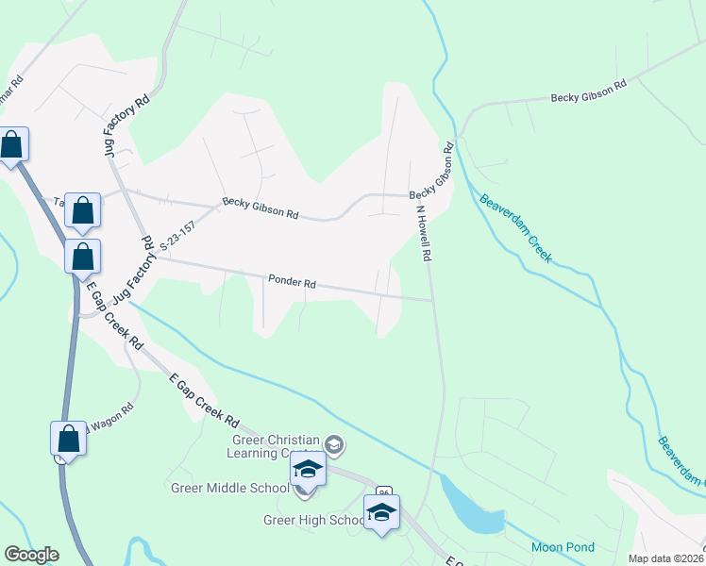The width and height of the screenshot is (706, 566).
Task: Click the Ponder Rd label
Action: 292,281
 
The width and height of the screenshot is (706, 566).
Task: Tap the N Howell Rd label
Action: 424,236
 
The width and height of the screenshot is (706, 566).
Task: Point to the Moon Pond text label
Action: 563,547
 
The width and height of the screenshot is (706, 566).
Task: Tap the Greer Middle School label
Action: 229,488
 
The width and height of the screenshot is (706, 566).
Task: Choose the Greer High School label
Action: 312,520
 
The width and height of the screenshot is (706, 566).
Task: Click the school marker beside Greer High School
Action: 381,512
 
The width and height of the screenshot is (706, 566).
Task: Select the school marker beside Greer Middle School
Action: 307,469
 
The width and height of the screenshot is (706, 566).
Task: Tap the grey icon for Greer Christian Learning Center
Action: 334,443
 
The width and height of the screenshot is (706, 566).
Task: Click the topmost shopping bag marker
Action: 12,145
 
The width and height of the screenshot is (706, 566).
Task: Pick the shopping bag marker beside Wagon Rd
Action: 68,439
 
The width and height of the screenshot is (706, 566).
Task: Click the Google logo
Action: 31,555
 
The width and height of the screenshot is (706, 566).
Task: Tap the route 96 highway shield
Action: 383,493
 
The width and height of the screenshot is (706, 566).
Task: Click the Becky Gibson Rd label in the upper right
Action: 589,91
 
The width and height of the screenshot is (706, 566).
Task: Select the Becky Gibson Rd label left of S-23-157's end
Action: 261,208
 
